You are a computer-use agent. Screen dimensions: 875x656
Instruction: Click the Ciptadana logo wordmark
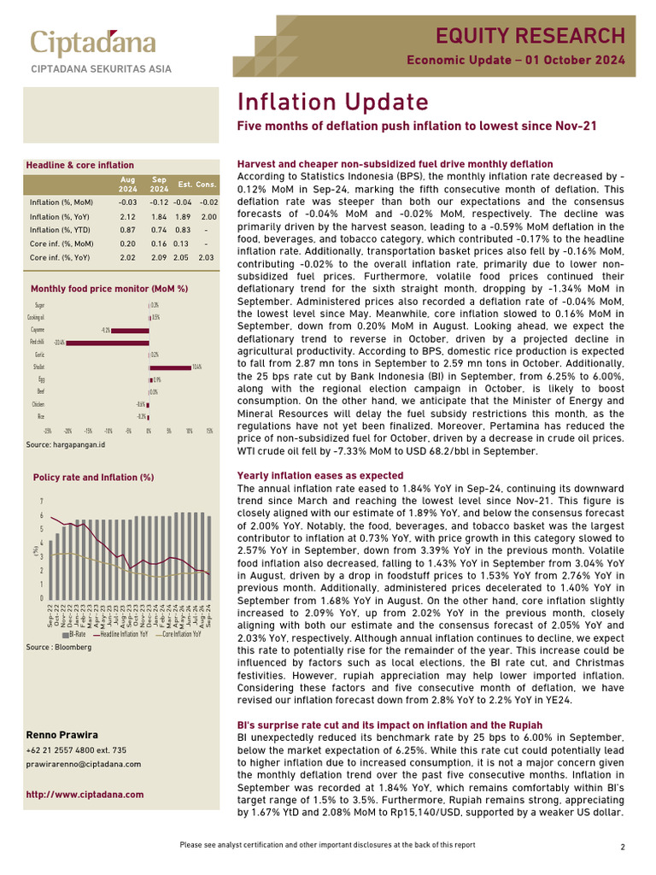coord(93,44)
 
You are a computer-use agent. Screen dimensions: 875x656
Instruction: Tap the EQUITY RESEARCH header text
coord(530,35)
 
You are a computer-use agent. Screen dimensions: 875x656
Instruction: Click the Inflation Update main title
coord(332,103)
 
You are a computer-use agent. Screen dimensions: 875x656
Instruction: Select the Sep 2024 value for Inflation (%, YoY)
coord(159,217)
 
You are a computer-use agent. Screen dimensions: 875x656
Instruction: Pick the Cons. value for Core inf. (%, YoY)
coord(206,256)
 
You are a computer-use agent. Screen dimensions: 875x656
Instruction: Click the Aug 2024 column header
coord(127,185)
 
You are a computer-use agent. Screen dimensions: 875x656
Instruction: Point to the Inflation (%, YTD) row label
coord(61,231)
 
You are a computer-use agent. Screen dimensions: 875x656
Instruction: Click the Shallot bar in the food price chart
coord(170,367)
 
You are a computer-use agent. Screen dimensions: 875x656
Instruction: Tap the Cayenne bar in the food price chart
coord(130,330)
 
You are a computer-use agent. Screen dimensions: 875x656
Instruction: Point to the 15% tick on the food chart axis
coord(209,432)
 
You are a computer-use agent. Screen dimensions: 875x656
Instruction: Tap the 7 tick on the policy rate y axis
coord(41,502)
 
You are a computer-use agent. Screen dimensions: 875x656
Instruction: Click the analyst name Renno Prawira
coord(62,735)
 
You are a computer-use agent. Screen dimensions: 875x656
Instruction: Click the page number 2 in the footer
coord(624,847)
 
